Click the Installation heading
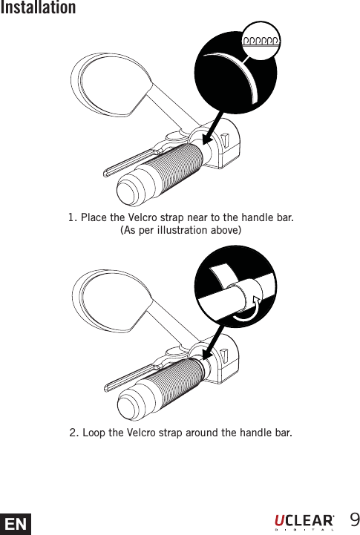click(38, 8)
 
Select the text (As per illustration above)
click(180, 231)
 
